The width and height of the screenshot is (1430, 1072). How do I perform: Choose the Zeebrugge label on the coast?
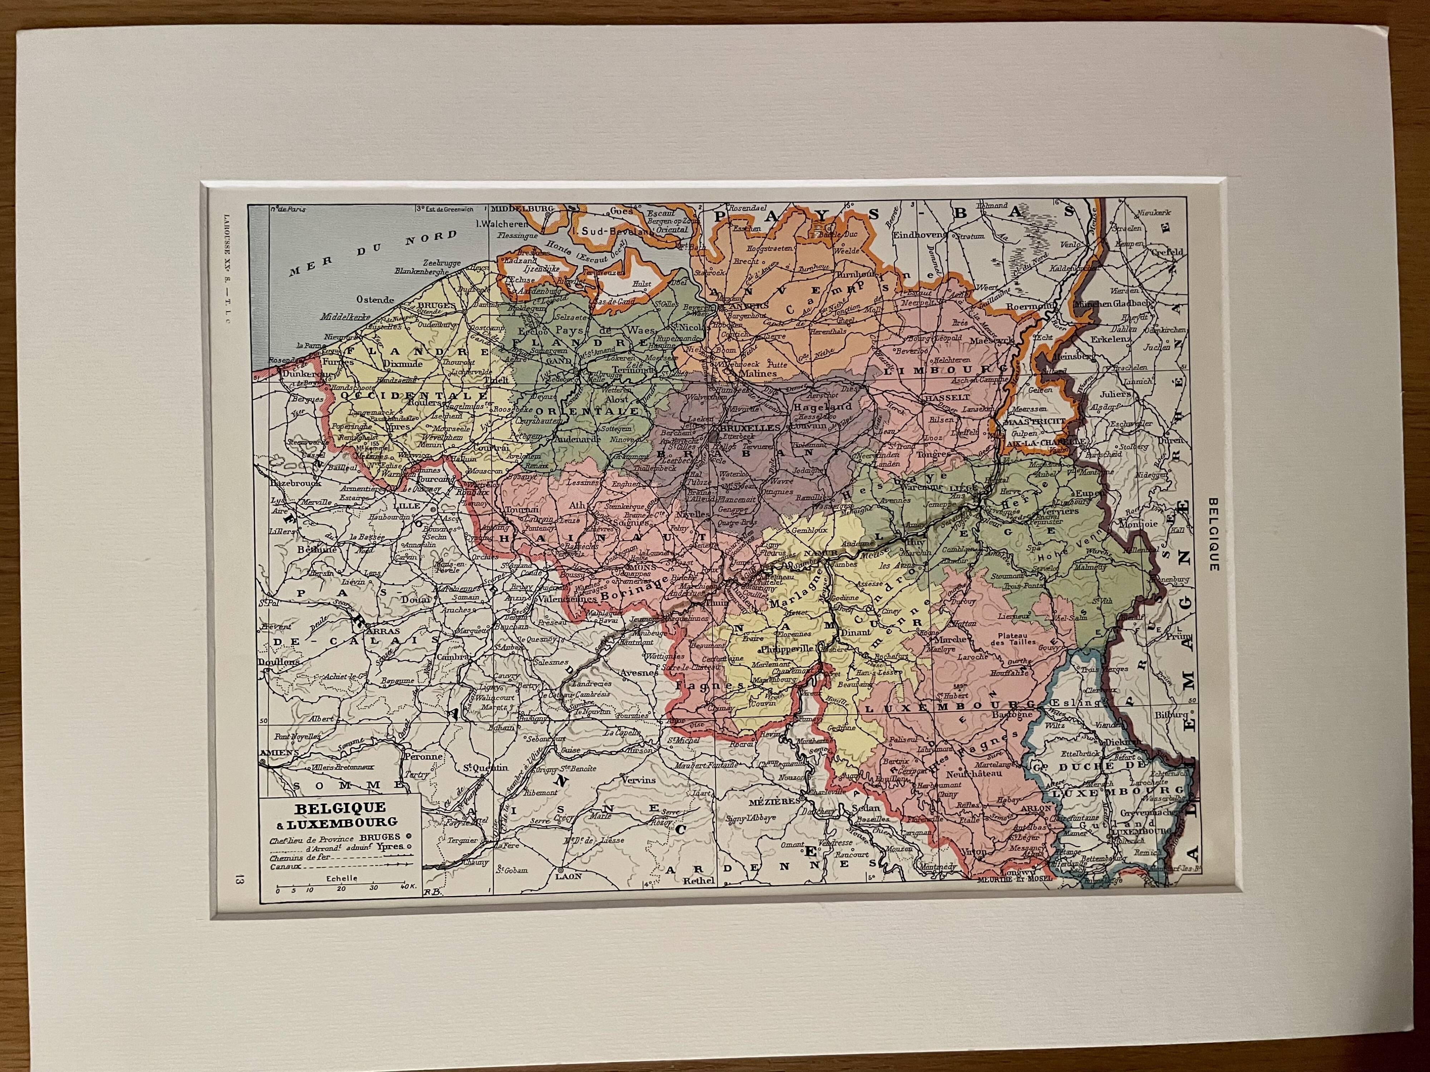click(441, 263)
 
